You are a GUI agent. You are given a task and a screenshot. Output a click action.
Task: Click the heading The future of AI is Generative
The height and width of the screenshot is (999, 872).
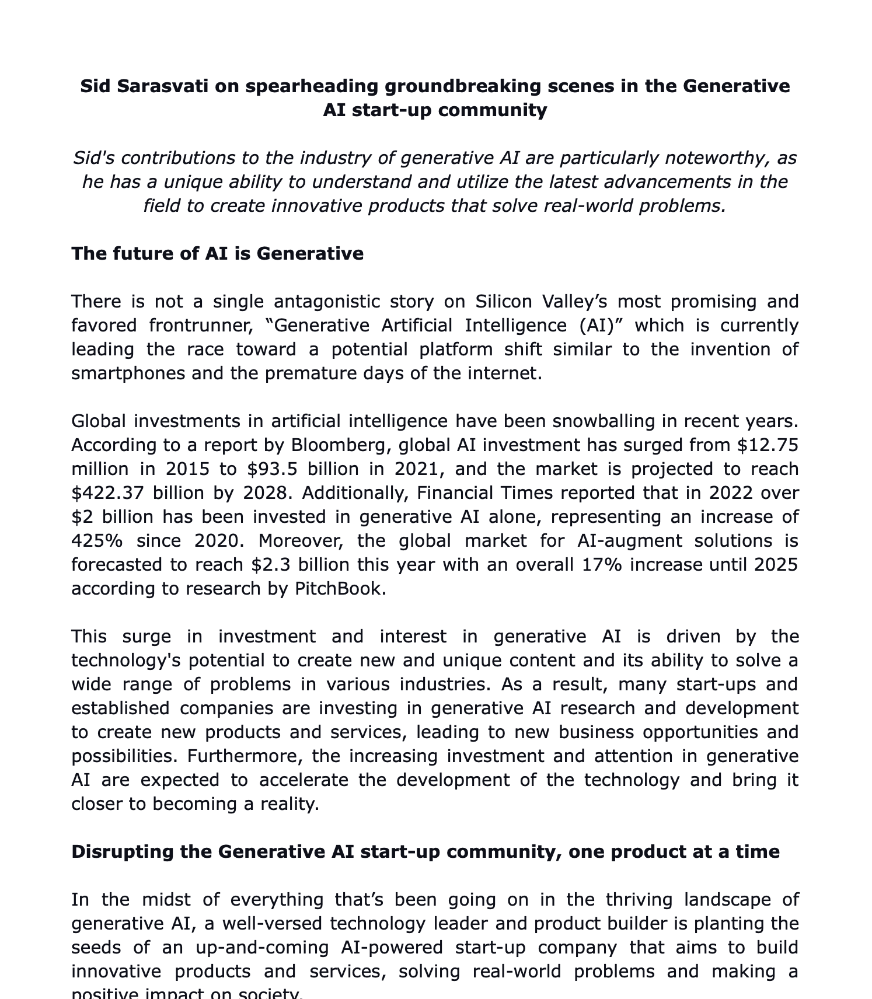[x=217, y=254]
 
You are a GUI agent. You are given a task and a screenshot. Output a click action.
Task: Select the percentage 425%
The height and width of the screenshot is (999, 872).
[x=97, y=541]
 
